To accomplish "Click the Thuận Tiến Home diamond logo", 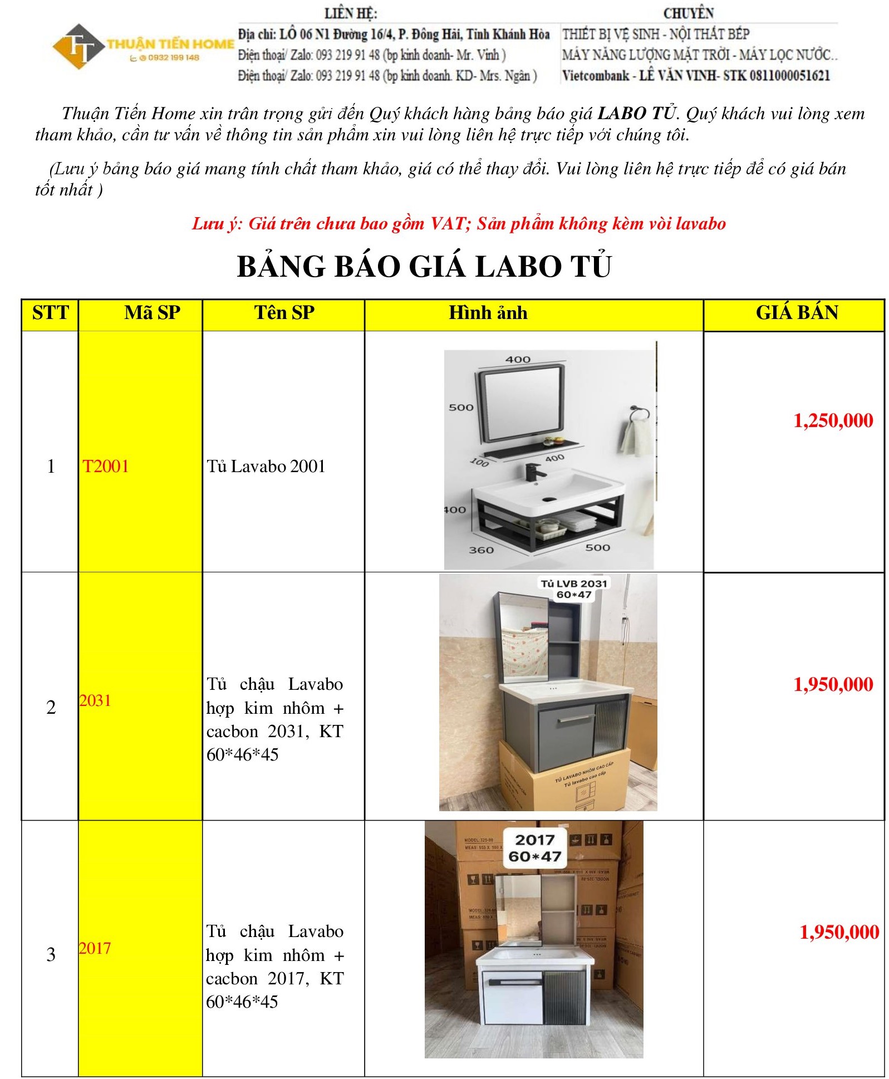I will pyautogui.click(x=79, y=46).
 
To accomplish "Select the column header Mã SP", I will pyautogui.click(x=152, y=313).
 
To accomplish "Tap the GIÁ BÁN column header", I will pyautogui.click(x=797, y=312).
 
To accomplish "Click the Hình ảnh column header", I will pyautogui.click(x=488, y=313).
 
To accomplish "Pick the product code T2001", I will pyautogui.click(x=106, y=466).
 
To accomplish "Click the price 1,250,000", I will pyautogui.click(x=833, y=420).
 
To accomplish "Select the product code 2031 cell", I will pyautogui.click(x=95, y=700).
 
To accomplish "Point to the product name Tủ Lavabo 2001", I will pyautogui.click(x=266, y=466).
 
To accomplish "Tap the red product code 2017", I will pyautogui.click(x=95, y=948).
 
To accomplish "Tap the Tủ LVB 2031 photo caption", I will pyautogui.click(x=573, y=588).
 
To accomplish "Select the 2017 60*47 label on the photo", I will pyautogui.click(x=534, y=847).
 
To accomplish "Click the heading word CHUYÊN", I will pyautogui.click(x=688, y=13).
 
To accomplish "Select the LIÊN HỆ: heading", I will pyautogui.click(x=351, y=13).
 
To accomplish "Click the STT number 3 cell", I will pyautogui.click(x=51, y=954).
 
